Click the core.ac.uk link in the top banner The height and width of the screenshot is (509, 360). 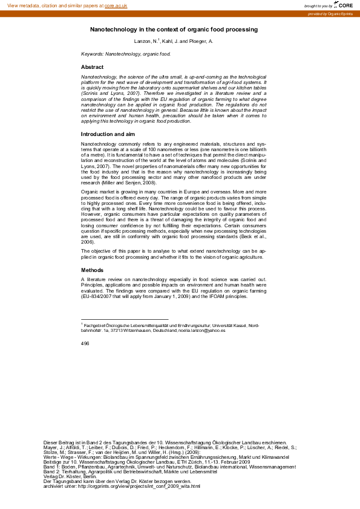tap(117, 5)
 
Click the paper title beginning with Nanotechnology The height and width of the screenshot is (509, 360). tap(174, 29)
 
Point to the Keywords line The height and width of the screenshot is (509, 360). tap(126, 54)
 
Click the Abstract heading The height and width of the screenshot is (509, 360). tap(92, 67)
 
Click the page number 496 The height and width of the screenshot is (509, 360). tap(85, 343)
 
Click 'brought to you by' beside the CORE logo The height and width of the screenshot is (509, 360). tap(318, 5)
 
